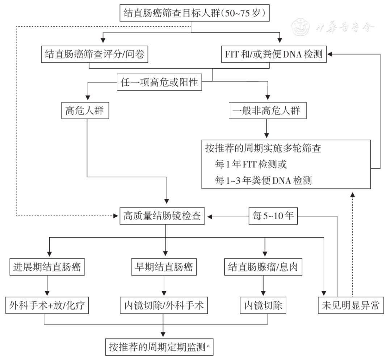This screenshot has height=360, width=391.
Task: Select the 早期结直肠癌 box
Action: click(x=163, y=268)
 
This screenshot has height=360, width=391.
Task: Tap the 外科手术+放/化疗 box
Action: click(x=47, y=306)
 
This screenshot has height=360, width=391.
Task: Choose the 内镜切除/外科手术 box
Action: click(x=163, y=306)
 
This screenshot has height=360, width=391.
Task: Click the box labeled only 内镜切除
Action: click(x=263, y=306)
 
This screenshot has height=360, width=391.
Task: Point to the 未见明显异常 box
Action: click(x=350, y=306)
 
